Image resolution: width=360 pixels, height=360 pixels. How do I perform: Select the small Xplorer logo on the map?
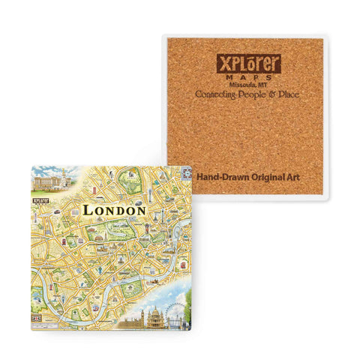coord(39,201)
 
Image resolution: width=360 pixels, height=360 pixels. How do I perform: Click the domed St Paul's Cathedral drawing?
coord(156,316)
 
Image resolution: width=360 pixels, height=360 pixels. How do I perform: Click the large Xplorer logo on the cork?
coord(248,64)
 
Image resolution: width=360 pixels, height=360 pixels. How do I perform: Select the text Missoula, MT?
coord(248,85)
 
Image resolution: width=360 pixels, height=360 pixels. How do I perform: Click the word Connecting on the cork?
coord(218,95)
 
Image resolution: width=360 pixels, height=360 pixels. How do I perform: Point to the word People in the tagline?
coord(258,95)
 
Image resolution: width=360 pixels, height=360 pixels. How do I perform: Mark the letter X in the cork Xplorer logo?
coord(222,63)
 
